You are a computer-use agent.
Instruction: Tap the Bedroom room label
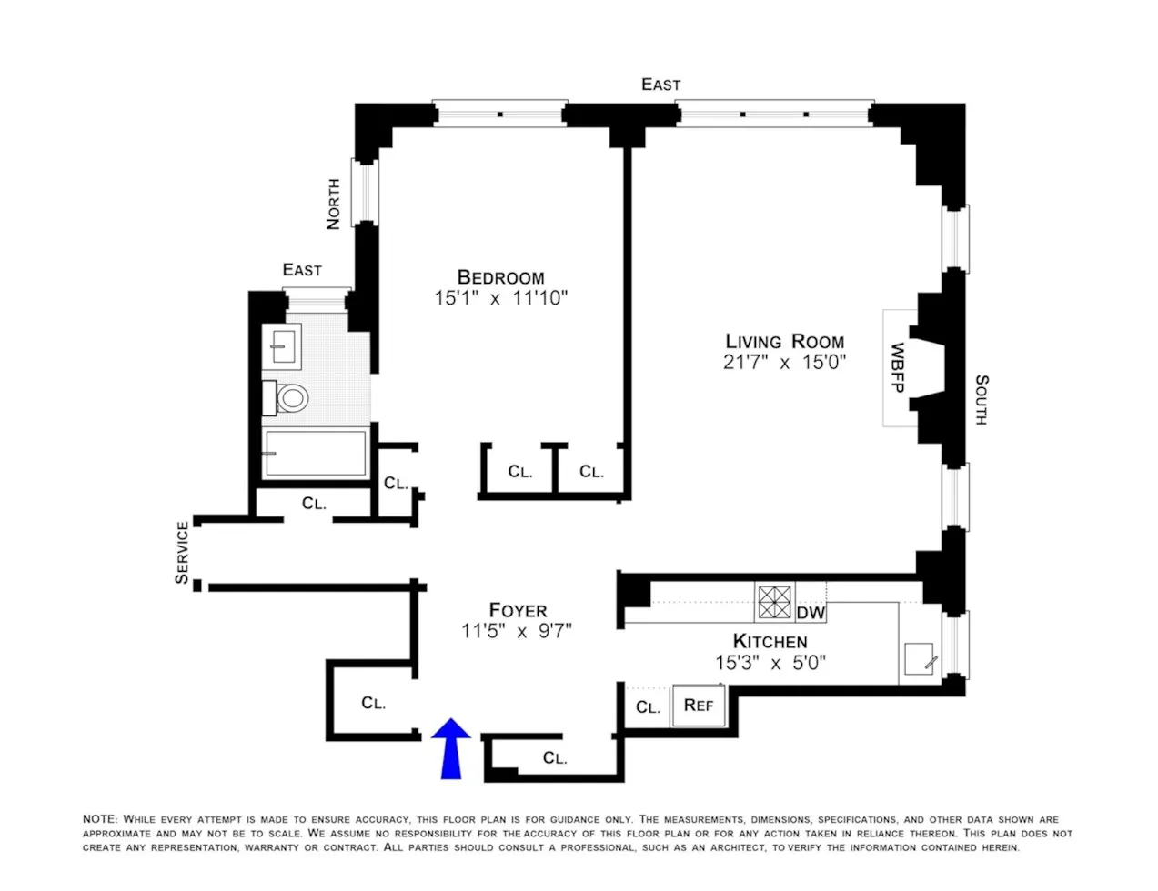pos(500,277)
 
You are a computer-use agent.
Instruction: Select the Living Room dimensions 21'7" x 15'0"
pos(785,362)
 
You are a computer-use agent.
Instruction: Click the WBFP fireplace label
pos(897,367)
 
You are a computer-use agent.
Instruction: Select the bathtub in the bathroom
pos(314,453)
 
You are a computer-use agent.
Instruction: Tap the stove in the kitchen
pos(775,602)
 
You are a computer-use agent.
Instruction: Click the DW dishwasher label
pos(811,613)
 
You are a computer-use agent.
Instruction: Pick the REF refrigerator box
pos(699,706)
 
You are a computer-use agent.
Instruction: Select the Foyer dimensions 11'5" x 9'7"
pos(516,631)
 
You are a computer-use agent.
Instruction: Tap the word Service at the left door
pos(183,552)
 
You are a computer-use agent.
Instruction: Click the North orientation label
pos(333,204)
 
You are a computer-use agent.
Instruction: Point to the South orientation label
pos(981,400)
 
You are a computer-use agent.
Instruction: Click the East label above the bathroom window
pos(302,270)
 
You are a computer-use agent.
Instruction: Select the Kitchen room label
pos(770,641)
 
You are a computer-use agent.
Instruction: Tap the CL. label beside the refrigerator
pos(648,707)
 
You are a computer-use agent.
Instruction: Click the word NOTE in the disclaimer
pos(100,819)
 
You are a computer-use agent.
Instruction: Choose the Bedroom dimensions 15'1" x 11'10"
pos(500,298)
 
